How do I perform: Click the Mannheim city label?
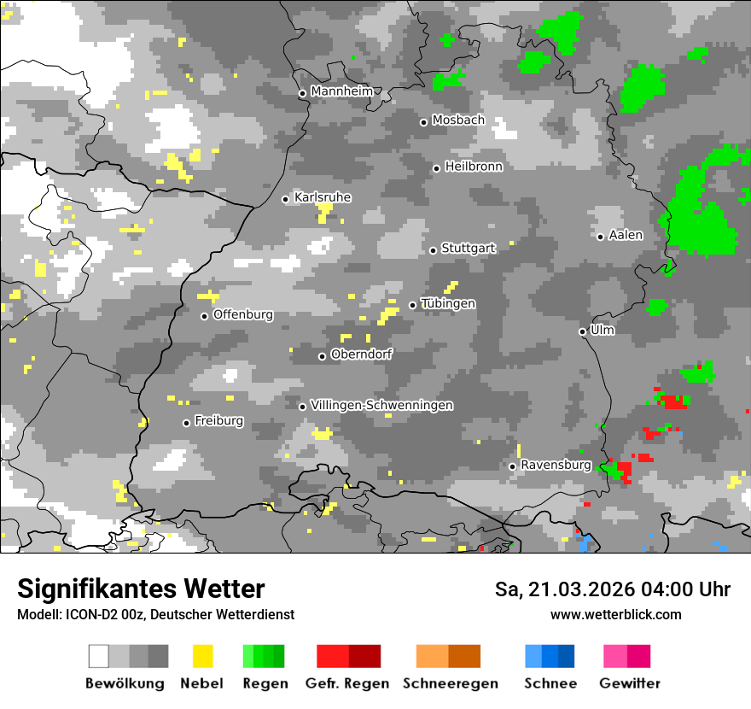coord(342,91)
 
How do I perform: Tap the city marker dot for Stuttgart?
coord(433,250)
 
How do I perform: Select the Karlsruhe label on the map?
coord(323,197)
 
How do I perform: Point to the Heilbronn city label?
coord(474,167)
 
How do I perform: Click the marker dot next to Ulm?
coord(582,331)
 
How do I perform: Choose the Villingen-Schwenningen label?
coord(381,405)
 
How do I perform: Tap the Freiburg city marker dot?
coord(186,423)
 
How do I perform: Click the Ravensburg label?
coord(556,465)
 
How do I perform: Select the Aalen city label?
coord(626,235)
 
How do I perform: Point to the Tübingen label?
coord(448,303)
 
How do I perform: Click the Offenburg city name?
coord(243,314)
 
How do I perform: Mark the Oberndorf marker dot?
coord(322,356)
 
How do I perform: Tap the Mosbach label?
coord(458,120)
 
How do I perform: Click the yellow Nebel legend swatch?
coord(202,656)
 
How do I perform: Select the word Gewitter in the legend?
coord(629,683)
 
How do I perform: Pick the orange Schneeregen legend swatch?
coord(448,656)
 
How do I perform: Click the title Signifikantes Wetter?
coord(141,589)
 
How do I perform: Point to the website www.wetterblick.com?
coord(615,614)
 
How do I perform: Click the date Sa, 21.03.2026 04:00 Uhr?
coord(612,589)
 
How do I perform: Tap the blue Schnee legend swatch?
coord(550,656)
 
